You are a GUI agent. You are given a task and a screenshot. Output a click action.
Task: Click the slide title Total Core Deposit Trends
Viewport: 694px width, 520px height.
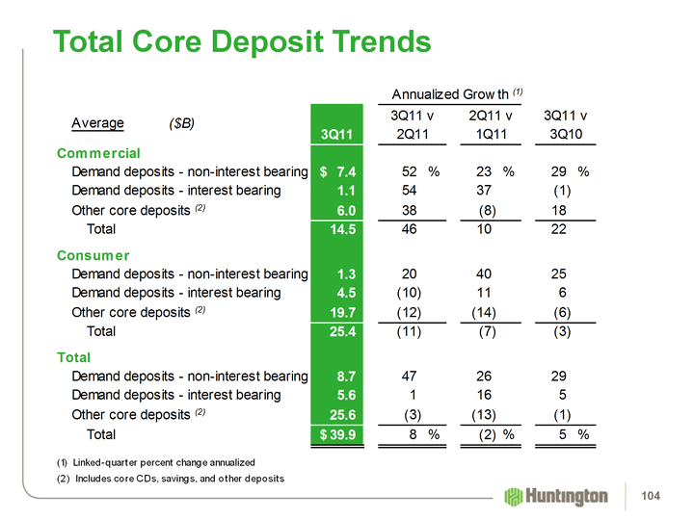pos(242,42)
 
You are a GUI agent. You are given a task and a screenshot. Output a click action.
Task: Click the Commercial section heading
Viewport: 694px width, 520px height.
pos(99,153)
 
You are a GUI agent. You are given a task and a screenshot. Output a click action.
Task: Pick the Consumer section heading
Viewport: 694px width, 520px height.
pos(93,255)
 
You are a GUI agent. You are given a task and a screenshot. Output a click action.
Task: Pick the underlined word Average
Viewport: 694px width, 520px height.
pos(97,123)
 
